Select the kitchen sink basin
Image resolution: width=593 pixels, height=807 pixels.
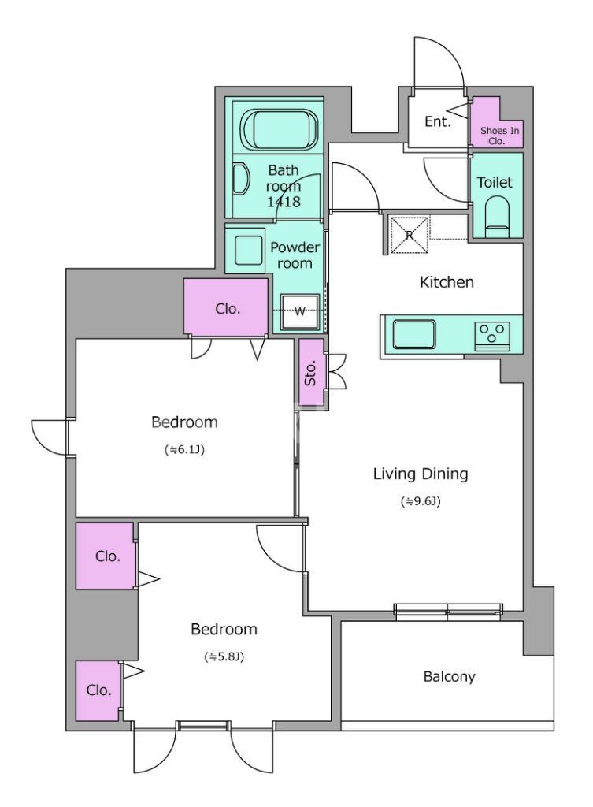tap(414, 334)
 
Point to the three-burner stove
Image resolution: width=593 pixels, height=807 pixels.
tap(493, 336)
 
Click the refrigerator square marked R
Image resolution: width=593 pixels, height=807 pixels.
tap(410, 235)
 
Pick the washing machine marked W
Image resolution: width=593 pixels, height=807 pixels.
tap(300, 311)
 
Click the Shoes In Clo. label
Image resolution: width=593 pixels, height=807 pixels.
tap(498, 136)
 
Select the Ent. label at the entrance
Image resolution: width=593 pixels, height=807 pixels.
tap(438, 121)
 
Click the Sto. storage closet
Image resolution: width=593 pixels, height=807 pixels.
tap(311, 372)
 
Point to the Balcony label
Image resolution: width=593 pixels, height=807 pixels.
tap(449, 676)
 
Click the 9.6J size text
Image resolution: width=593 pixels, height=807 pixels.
tap(421, 500)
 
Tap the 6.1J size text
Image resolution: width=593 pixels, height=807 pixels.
tap(184, 449)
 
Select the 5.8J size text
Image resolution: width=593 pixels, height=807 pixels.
tap(224, 656)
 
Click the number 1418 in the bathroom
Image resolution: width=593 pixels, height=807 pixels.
tap(284, 202)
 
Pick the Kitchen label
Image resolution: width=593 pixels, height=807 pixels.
tap(447, 282)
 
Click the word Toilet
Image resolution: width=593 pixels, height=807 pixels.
tap(495, 182)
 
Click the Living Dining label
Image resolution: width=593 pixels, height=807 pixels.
tap(421, 474)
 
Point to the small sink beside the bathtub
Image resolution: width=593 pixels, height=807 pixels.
tap(240, 179)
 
